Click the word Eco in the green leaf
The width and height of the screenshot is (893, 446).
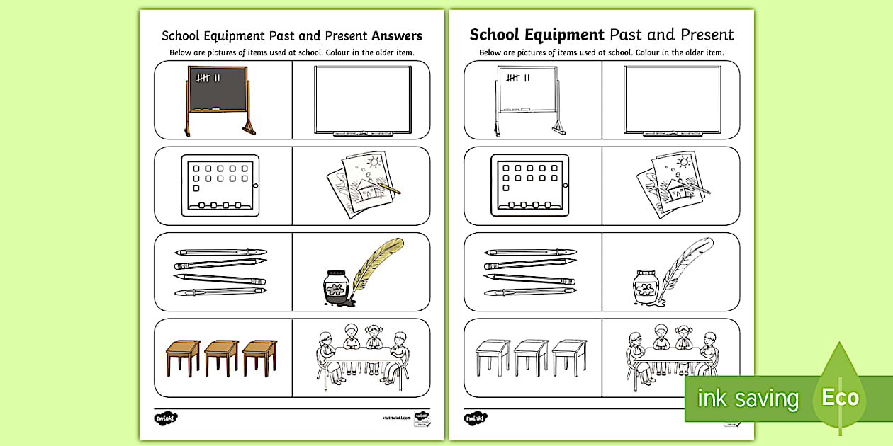coord(840,398)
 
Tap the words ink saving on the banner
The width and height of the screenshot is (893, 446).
coord(748,399)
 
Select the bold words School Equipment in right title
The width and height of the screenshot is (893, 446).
coord(537,35)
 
